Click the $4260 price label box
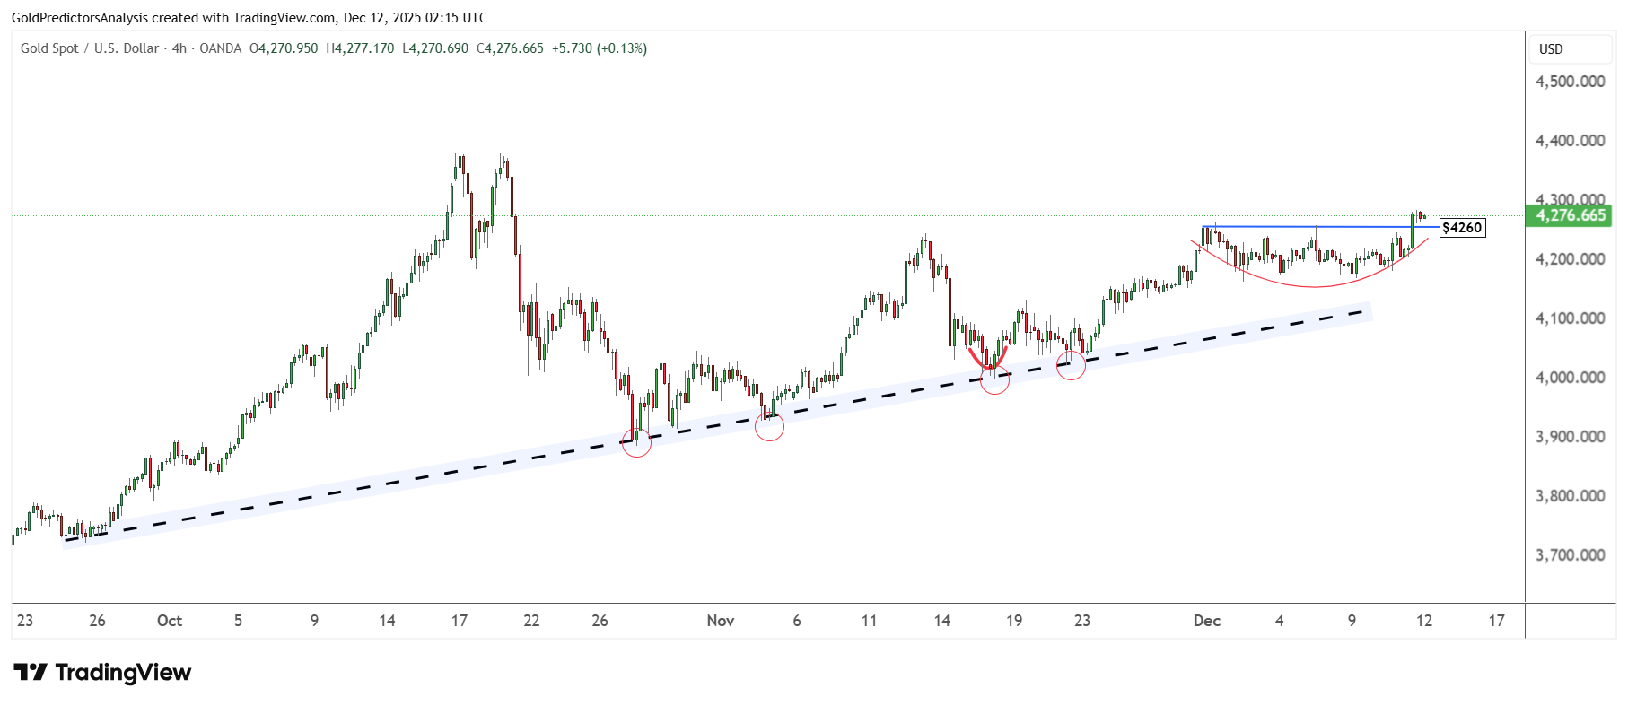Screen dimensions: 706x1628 pyautogui.click(x=1462, y=228)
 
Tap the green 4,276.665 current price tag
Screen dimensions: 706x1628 pyautogui.click(x=1570, y=215)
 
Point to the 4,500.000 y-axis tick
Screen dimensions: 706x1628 pyautogui.click(x=1570, y=82)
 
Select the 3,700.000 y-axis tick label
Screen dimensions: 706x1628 pyautogui.click(x=1570, y=555)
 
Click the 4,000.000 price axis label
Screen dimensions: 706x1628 pyautogui.click(x=1570, y=378)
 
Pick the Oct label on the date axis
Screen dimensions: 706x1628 pyautogui.click(x=169, y=621)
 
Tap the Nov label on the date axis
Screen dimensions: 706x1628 pyautogui.click(x=721, y=621)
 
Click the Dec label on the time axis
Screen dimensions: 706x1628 pyautogui.click(x=1207, y=621)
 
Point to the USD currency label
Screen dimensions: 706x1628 pyautogui.click(x=1551, y=49)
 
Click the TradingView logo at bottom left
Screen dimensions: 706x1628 pyautogui.click(x=102, y=673)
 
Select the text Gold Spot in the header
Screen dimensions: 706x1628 pyautogui.click(x=49, y=48)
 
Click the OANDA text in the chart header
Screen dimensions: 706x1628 pyautogui.click(x=220, y=48)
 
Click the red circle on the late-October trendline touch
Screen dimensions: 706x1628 pyautogui.click(x=636, y=442)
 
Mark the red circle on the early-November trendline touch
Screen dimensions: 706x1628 pyautogui.click(x=769, y=426)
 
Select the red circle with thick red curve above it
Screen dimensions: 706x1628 pyautogui.click(x=994, y=379)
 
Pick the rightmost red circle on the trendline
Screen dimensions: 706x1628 pyautogui.click(x=1071, y=365)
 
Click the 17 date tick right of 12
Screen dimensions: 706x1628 pyautogui.click(x=1496, y=621)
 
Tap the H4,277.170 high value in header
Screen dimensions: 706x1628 pyautogui.click(x=360, y=48)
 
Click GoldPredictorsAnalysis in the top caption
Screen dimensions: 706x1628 pyautogui.click(x=79, y=18)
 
